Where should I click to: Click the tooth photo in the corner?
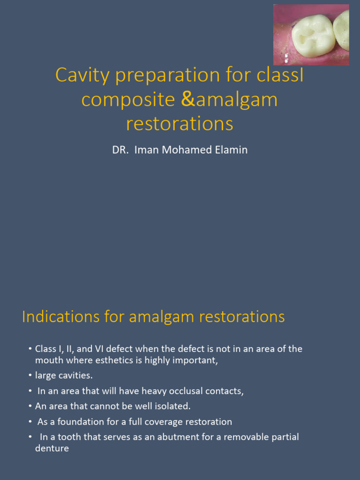point(311,34)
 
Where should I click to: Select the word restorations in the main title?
point(180,124)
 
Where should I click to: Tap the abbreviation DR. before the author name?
point(121,150)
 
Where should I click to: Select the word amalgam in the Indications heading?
point(162,317)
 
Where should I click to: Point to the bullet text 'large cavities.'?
point(64,375)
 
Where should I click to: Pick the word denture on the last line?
point(52,449)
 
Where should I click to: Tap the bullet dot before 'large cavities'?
point(30,375)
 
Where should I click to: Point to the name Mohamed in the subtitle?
point(179,150)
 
